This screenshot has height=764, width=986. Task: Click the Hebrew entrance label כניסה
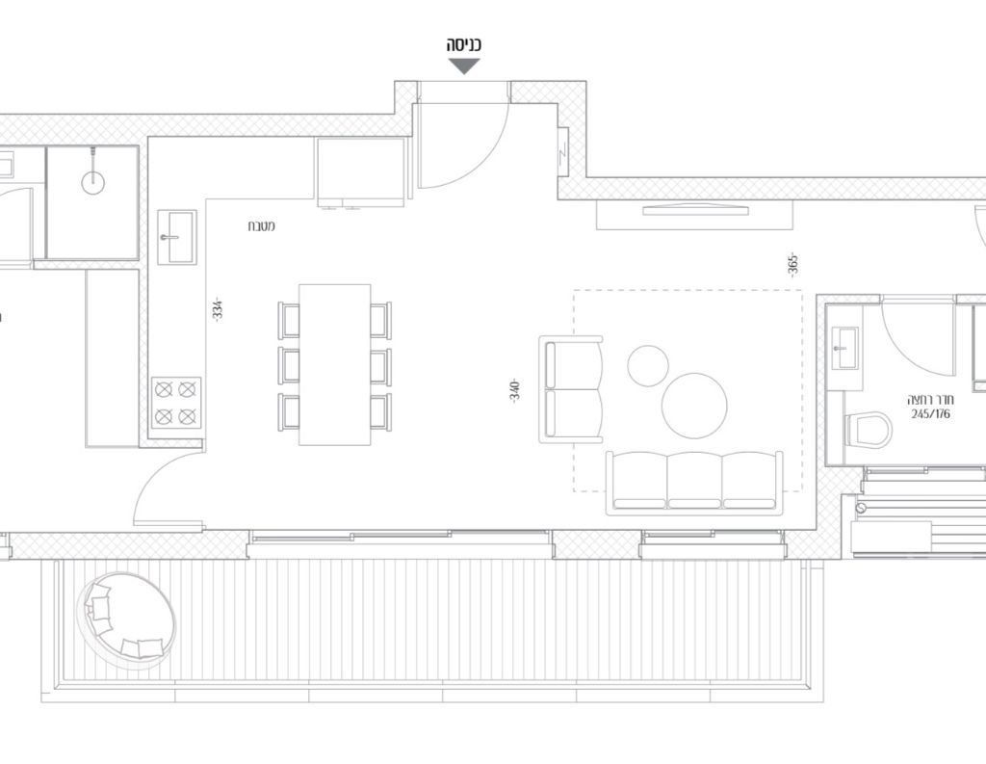tap(464, 45)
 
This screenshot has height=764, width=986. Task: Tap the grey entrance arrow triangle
tap(464, 66)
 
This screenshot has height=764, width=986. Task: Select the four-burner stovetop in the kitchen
tap(176, 403)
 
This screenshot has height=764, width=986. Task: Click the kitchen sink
tap(177, 237)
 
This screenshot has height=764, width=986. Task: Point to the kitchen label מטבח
tap(261, 226)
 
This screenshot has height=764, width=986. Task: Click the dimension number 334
tap(218, 309)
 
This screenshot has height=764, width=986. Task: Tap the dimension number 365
tap(792, 265)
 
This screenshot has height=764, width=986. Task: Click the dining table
tap(334, 364)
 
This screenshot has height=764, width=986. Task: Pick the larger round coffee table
tap(694, 406)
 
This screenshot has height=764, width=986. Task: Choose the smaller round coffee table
tap(648, 366)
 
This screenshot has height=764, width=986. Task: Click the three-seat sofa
tap(695, 483)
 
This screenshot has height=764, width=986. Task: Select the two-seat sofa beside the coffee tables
tap(571, 389)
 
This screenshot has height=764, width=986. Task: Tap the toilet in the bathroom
tap(868, 430)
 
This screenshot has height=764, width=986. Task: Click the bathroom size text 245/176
tap(931, 414)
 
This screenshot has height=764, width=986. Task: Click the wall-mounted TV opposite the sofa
tap(695, 210)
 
